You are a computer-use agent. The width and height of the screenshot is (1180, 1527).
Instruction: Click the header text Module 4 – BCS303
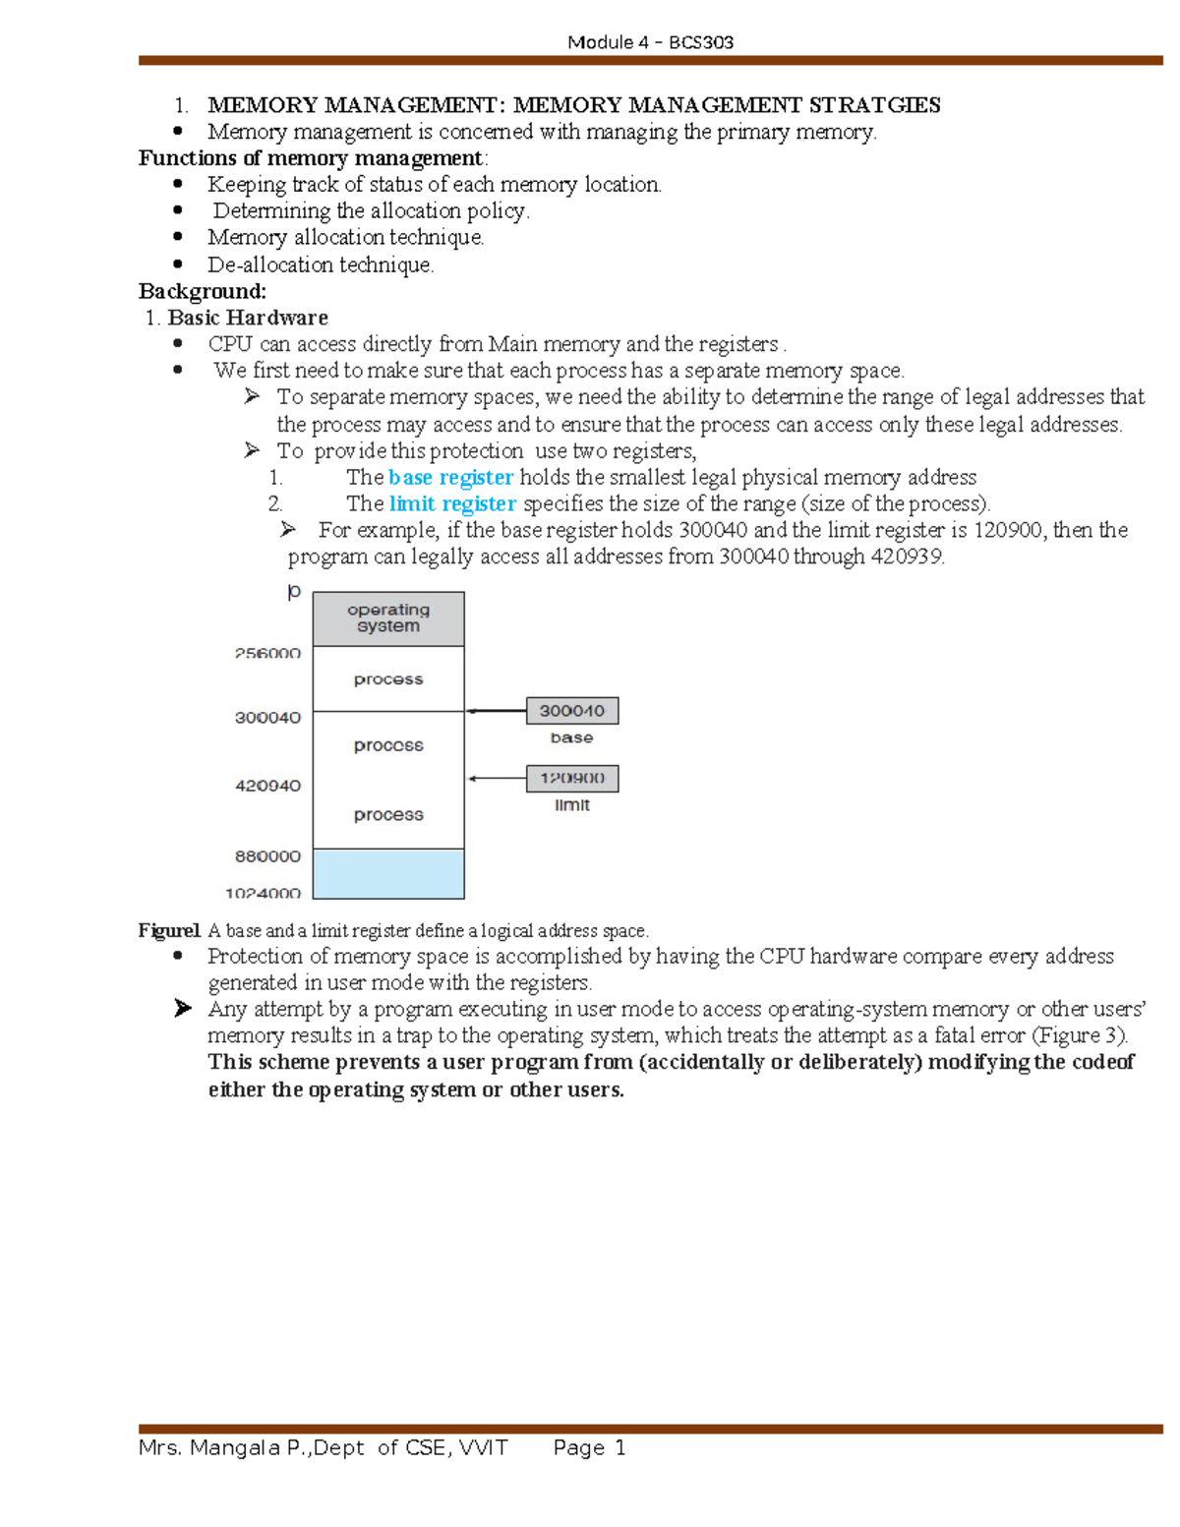click(x=650, y=42)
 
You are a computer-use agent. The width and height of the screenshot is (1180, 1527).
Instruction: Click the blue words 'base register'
click(x=450, y=478)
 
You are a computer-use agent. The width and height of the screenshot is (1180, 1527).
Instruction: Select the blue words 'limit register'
click(x=452, y=504)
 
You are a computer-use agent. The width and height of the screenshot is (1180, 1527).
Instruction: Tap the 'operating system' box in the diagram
click(x=388, y=618)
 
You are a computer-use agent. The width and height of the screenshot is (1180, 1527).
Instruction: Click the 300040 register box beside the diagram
click(x=572, y=711)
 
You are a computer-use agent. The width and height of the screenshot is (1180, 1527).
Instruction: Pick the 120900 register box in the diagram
click(x=572, y=779)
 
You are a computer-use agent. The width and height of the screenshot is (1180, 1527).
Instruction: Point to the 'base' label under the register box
click(x=571, y=737)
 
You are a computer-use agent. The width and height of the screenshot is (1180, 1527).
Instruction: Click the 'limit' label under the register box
click(x=571, y=805)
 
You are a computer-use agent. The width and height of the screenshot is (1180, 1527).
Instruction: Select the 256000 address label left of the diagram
click(x=267, y=654)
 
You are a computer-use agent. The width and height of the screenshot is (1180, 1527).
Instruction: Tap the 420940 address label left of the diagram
click(x=267, y=786)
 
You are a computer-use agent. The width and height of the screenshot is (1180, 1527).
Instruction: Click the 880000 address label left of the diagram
click(x=267, y=856)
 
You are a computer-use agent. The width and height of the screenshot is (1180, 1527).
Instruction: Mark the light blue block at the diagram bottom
click(x=388, y=873)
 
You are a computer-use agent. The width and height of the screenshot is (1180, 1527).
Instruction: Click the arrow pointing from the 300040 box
click(x=496, y=711)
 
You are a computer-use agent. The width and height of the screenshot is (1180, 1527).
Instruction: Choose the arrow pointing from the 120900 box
click(x=496, y=779)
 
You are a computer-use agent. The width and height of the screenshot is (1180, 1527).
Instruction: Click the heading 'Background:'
click(x=203, y=291)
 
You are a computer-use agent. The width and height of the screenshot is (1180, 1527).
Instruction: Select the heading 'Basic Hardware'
click(x=248, y=318)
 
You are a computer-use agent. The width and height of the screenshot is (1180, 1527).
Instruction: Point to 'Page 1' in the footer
click(x=589, y=1447)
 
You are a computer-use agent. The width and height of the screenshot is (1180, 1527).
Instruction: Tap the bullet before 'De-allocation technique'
click(x=178, y=264)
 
